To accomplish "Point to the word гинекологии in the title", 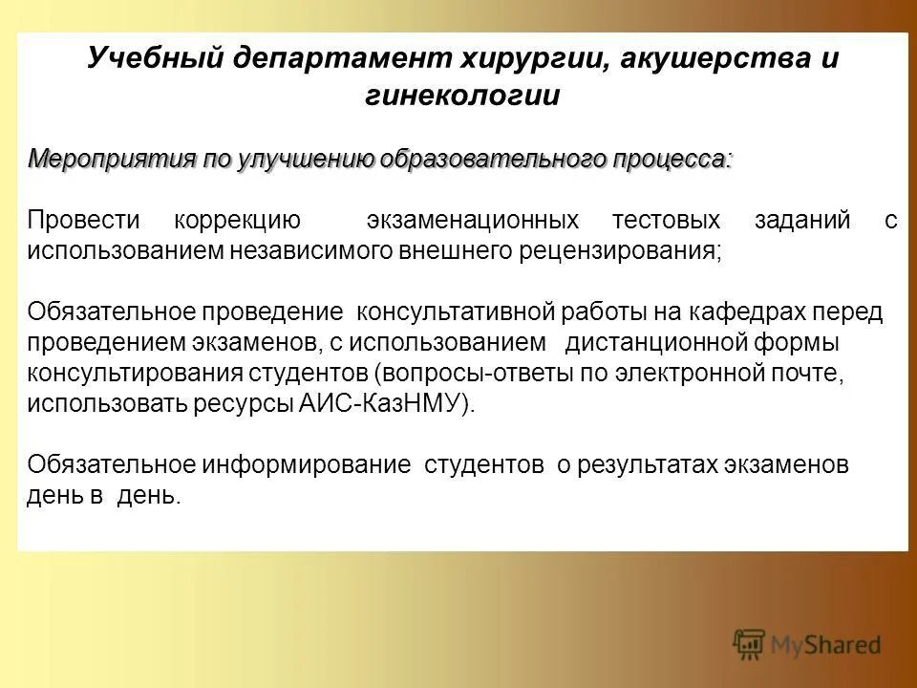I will [463, 97].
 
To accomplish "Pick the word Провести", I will [83, 221].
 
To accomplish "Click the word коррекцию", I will [238, 221].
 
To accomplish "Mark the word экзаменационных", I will [473, 221].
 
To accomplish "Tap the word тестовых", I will [667, 221].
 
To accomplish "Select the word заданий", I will [801, 221].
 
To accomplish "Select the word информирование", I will [307, 465].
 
